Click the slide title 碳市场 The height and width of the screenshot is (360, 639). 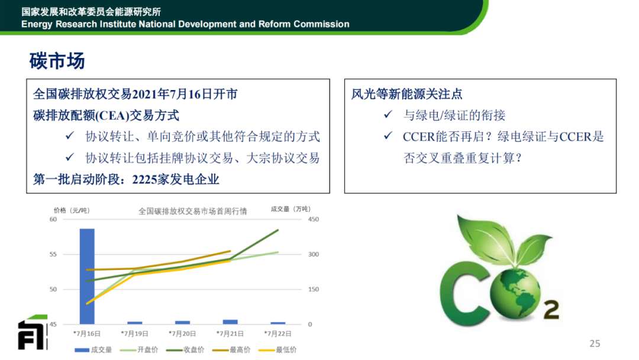coord(57,61)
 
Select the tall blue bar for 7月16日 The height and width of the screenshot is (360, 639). coord(87,277)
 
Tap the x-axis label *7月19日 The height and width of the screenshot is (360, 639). coord(134,333)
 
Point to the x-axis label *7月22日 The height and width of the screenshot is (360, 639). coord(278,333)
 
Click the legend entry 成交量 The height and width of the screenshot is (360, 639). coord(93,350)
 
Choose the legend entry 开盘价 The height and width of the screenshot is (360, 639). coord(139,350)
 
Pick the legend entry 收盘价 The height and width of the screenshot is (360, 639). coord(185,350)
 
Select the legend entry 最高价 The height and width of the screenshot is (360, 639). coord(231,350)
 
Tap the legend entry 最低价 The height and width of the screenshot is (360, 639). coord(277,350)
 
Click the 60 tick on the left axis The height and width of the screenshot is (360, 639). coord(53,219)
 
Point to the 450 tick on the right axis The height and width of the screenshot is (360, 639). coord(314,219)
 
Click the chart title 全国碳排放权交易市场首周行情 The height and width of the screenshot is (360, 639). coord(193,211)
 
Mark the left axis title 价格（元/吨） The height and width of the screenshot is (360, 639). coord(72,210)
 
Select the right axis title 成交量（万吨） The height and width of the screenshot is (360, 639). coord(291,209)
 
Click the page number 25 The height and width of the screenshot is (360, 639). coord(595,343)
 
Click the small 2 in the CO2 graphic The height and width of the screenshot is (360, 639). coord(551,310)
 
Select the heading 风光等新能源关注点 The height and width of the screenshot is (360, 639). coord(406,94)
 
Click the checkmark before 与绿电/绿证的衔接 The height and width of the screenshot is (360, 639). coord(388,114)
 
